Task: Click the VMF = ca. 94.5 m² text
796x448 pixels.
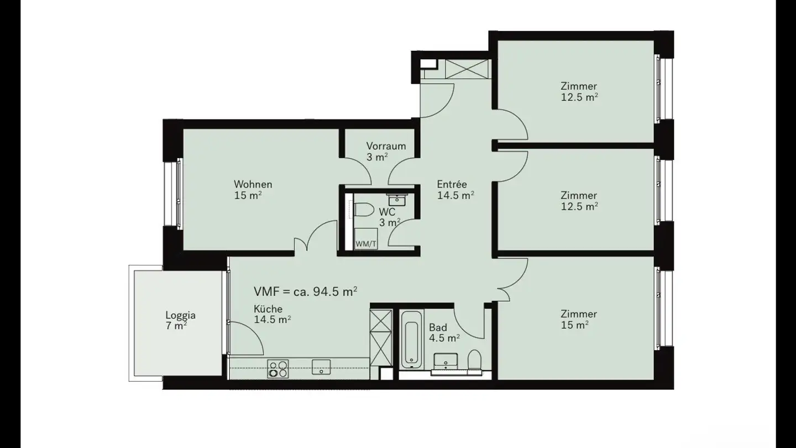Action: pyautogui.click(x=305, y=291)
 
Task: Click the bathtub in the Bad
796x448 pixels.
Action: pyautogui.click(x=412, y=340)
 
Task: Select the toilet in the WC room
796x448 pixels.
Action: pyautogui.click(x=363, y=210)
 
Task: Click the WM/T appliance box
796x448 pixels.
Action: pyautogui.click(x=366, y=238)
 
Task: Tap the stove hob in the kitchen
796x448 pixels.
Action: pyautogui.click(x=278, y=369)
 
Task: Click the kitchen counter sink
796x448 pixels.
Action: pyautogui.click(x=321, y=367)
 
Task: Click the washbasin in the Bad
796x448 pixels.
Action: pyautogui.click(x=446, y=361)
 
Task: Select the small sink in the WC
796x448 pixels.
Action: pyautogui.click(x=396, y=200)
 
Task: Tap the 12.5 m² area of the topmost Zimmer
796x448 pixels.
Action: pyautogui.click(x=579, y=97)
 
